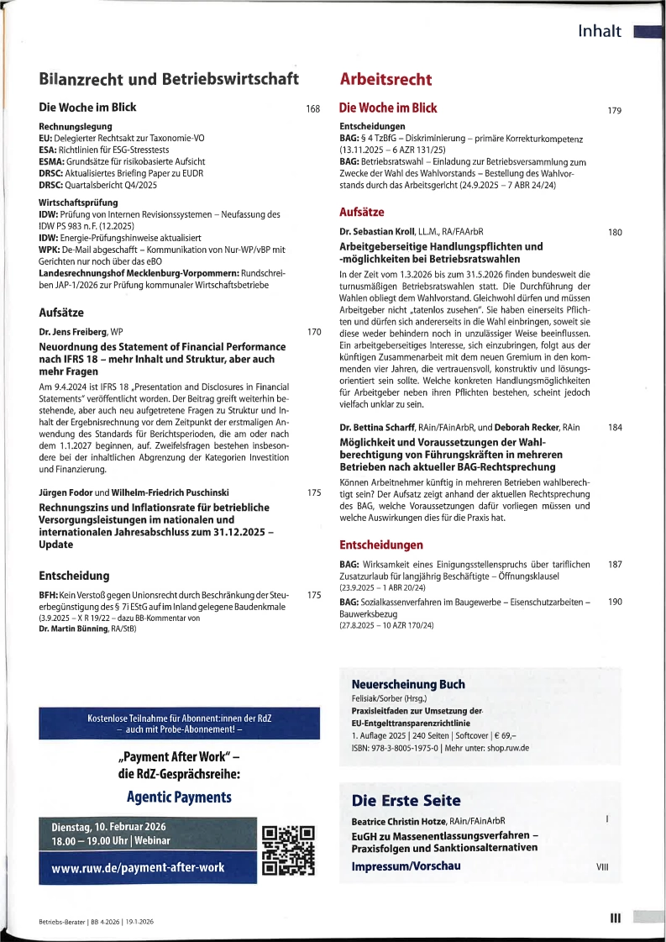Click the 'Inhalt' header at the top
[600, 32]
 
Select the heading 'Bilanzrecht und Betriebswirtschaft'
[169, 79]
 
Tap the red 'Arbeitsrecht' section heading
[385, 80]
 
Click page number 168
[313, 109]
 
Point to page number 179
[614, 110]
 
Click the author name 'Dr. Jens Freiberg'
[73, 332]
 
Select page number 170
[314, 332]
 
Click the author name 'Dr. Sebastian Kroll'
[376, 231]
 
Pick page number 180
[614, 232]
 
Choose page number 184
[614, 428]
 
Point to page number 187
[614, 564]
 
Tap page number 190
[614, 602]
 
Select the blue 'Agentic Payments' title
[179, 797]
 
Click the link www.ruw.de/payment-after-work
[139, 868]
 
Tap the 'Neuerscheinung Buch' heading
[407, 684]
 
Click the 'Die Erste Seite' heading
[406, 801]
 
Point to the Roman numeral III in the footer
[614, 918]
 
